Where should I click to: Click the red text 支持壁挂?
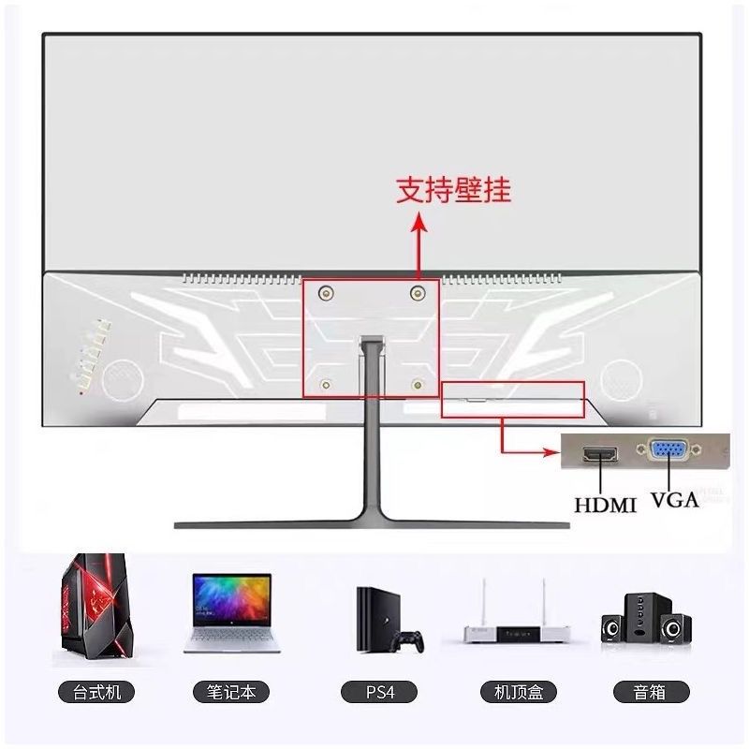[454, 191]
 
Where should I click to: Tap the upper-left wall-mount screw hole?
[325, 293]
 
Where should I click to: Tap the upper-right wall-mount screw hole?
[418, 293]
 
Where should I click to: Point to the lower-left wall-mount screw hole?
[325, 382]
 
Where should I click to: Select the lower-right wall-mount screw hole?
[418, 382]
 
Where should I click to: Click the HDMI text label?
[605, 505]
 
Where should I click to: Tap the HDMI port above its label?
[600, 456]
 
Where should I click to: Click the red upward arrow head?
[419, 222]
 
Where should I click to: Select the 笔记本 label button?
[231, 693]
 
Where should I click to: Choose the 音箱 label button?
[652, 693]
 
